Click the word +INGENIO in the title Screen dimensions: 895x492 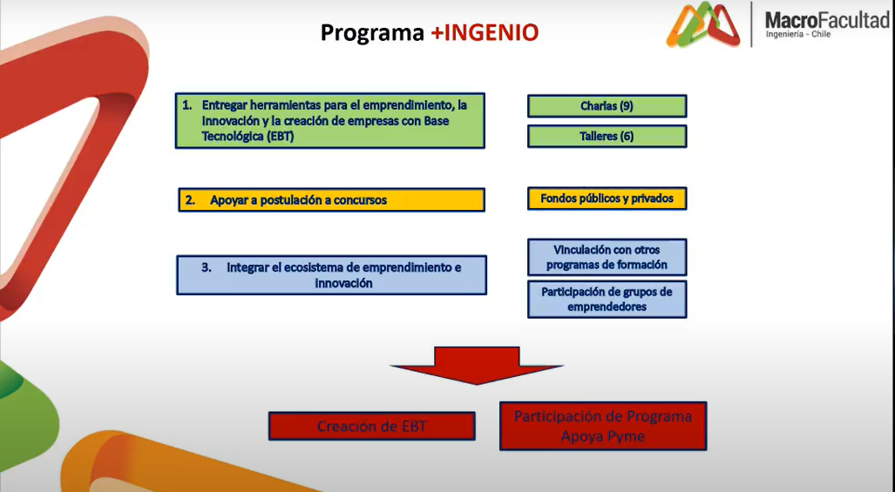tap(484, 32)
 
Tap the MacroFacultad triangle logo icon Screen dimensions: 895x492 tap(702, 24)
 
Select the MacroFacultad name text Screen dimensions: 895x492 tap(827, 21)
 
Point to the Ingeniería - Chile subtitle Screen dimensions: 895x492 tap(798, 34)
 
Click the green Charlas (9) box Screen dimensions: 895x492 tap(607, 106)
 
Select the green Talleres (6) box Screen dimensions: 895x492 tap(607, 136)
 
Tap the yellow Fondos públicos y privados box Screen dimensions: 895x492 tap(607, 199)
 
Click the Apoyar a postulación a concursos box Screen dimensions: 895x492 tap(332, 200)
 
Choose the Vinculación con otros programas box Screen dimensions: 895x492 tap(607, 257)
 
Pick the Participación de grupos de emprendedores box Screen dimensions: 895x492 tap(607, 300)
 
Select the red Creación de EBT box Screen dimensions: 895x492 tap(371, 427)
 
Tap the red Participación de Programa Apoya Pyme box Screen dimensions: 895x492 tap(603, 427)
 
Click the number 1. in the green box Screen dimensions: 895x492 tap(187, 105)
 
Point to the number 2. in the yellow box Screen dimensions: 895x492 tap(190, 200)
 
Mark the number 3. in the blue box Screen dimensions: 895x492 tap(207, 267)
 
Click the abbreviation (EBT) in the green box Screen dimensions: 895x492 tap(279, 136)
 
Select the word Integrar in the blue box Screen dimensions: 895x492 tap(248, 268)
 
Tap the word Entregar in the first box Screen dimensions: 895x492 tap(225, 106)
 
